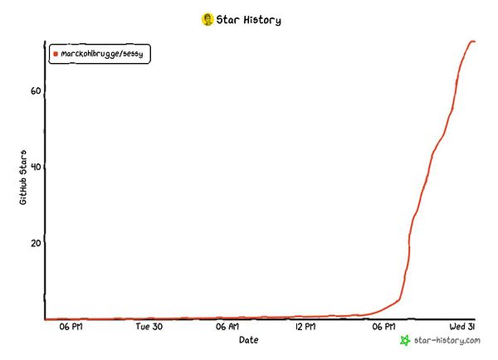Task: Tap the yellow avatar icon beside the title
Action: (x=207, y=19)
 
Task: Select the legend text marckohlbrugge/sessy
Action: (x=102, y=54)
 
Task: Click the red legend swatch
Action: (x=56, y=54)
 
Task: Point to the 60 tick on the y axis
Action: (x=36, y=91)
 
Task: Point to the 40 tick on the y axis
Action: (x=36, y=167)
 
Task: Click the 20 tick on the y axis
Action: (x=36, y=243)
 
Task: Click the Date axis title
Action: (x=248, y=340)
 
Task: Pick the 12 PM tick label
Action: (x=305, y=328)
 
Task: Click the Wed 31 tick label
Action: (x=462, y=328)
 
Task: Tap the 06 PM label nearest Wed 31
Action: (x=383, y=328)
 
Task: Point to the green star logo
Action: (x=405, y=340)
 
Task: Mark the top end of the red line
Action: (x=473, y=41)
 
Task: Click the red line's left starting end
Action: (x=46, y=319)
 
